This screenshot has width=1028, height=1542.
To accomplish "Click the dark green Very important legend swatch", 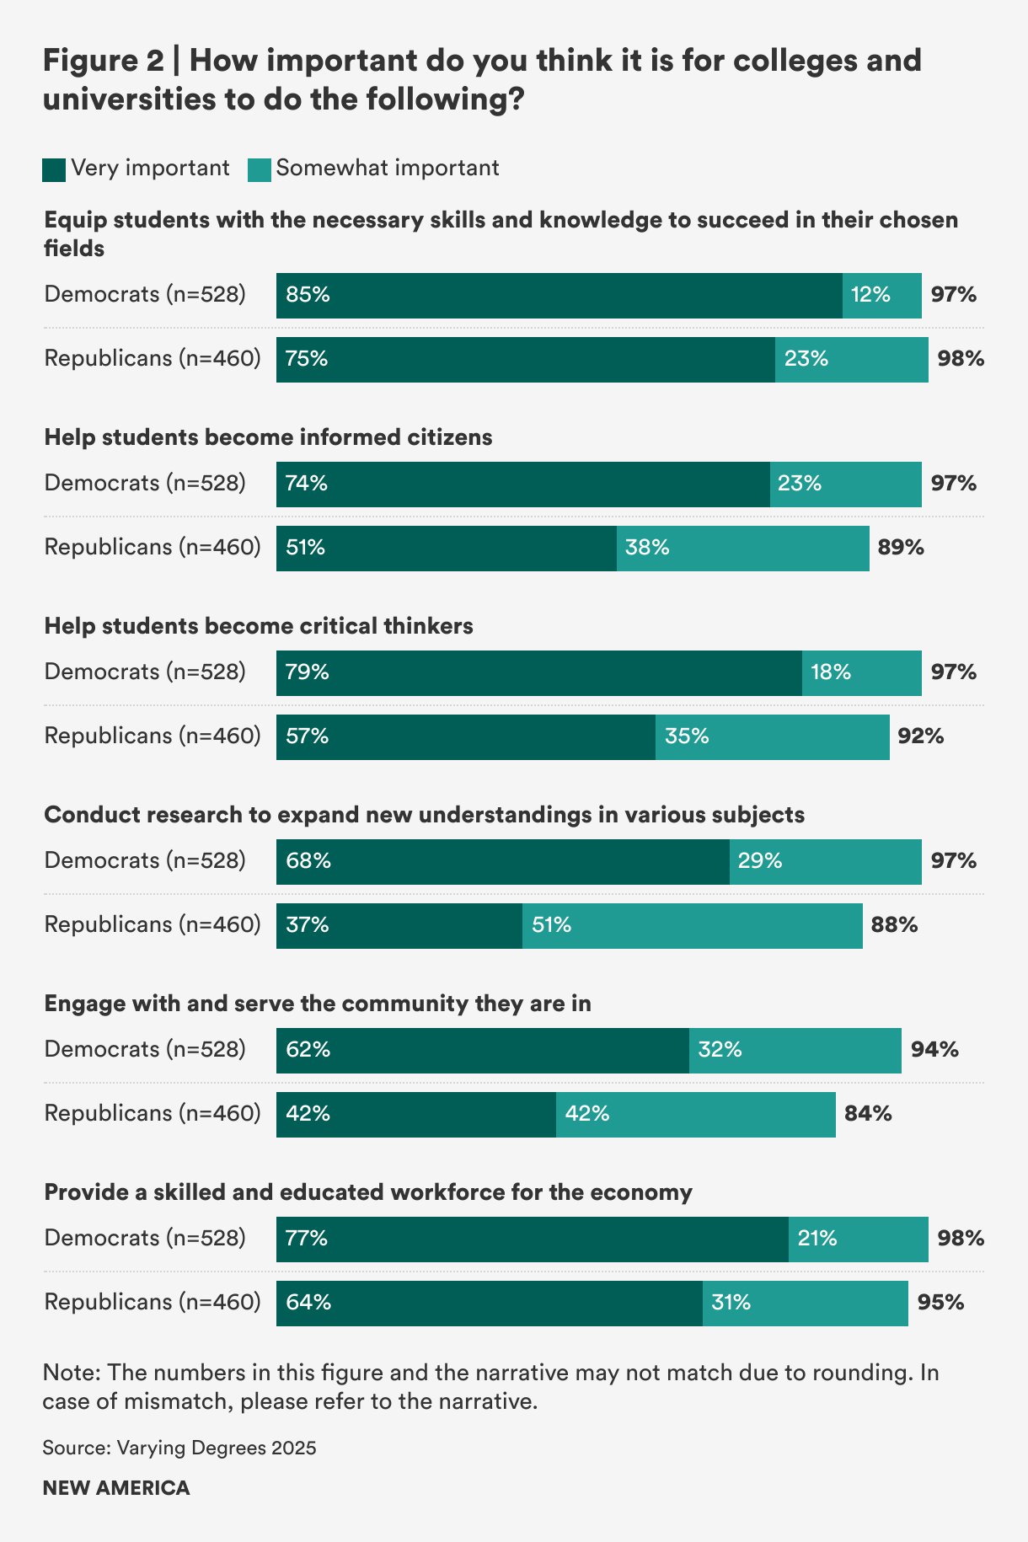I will [x=54, y=169].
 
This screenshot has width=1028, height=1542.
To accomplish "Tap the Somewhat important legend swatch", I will [x=260, y=169].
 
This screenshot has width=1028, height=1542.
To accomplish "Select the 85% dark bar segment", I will [x=559, y=295].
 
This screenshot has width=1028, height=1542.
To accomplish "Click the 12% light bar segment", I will [x=881, y=295].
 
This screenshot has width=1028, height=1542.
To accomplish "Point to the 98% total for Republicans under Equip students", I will [x=961, y=359].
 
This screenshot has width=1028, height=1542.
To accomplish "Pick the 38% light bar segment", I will [x=742, y=548].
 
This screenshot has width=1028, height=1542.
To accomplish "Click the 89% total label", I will [x=901, y=548].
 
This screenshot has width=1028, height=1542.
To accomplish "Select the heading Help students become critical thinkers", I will [x=259, y=626].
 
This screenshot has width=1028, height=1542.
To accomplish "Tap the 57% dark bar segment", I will [x=465, y=736].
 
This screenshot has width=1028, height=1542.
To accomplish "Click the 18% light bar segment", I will [x=861, y=672].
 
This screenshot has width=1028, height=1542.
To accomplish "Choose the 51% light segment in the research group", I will [x=692, y=925].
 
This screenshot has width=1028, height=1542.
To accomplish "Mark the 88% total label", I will [x=894, y=925].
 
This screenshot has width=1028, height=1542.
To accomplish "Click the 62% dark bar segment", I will [x=482, y=1050].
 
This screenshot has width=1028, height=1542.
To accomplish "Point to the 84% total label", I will [x=868, y=1114].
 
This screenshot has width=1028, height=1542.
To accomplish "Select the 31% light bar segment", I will [x=805, y=1303].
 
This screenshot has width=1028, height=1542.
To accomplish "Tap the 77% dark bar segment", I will [x=532, y=1239].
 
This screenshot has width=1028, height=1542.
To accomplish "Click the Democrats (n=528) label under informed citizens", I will [x=145, y=484].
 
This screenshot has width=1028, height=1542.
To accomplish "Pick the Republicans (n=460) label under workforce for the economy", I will [x=153, y=1303].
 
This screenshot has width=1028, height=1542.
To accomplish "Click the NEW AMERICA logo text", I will [x=116, y=1488].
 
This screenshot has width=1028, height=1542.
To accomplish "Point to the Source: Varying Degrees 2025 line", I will [x=179, y=1448].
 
